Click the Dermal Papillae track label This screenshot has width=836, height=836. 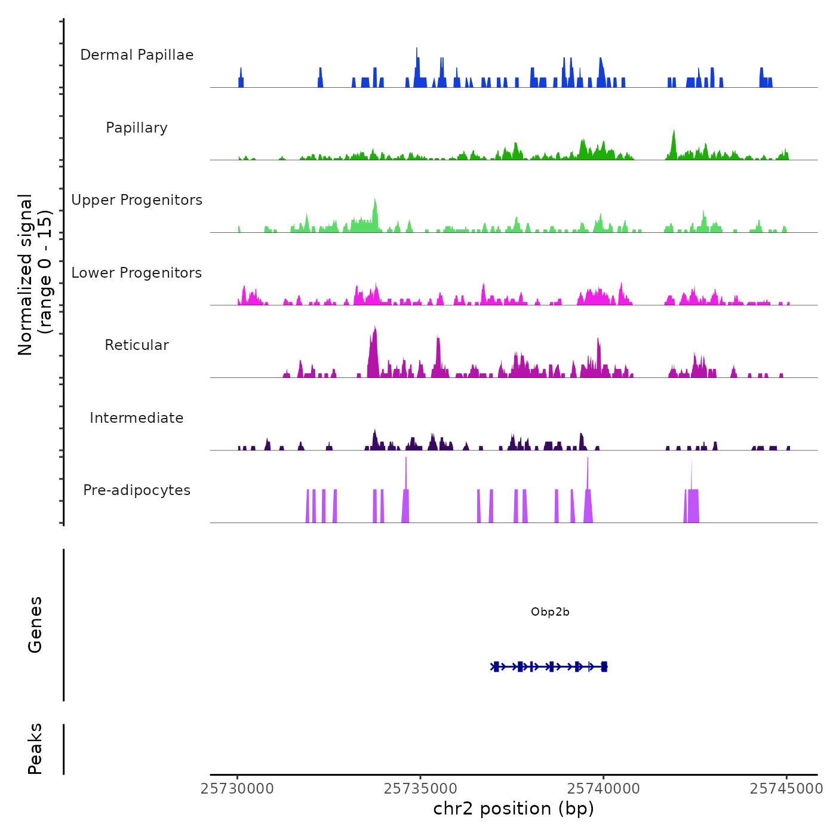pyautogui.click(x=137, y=55)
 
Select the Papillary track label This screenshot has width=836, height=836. pyautogui.click(x=137, y=128)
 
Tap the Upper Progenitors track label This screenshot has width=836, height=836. pyautogui.click(x=137, y=200)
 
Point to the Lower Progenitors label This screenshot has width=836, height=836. pyautogui.click(x=137, y=273)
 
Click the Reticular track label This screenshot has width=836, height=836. pyautogui.click(x=137, y=345)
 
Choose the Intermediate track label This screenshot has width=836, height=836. pyautogui.click(x=137, y=418)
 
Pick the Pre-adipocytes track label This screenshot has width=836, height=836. pyautogui.click(x=137, y=490)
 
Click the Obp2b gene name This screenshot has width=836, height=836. pyautogui.click(x=550, y=612)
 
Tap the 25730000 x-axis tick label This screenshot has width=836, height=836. pyautogui.click(x=238, y=789)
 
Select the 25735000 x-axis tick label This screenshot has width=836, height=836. pyautogui.click(x=420, y=789)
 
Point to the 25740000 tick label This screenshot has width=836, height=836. pyautogui.click(x=603, y=789)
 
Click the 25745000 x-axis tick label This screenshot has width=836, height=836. pyautogui.click(x=786, y=789)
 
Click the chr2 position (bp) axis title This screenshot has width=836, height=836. pyautogui.click(x=514, y=809)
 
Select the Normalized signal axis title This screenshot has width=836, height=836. pyautogui.click(x=35, y=274)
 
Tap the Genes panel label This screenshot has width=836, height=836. pyautogui.click(x=35, y=625)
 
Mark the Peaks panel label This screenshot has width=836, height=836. pyautogui.click(x=35, y=749)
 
